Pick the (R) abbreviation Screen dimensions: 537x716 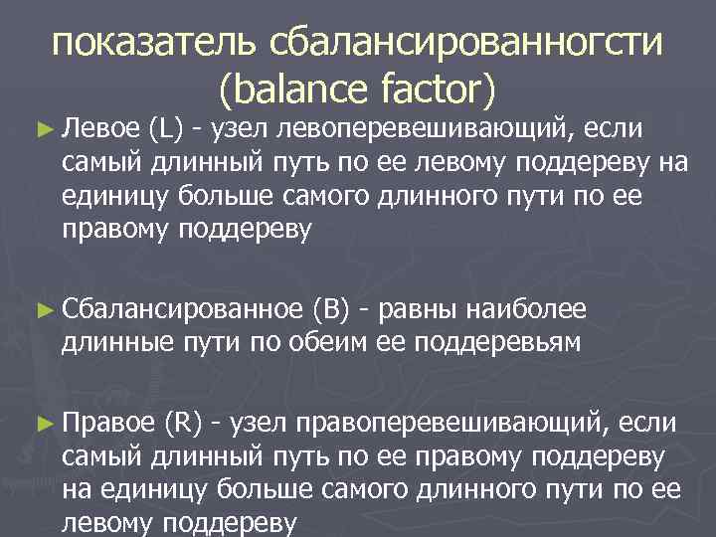click(x=187, y=427)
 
